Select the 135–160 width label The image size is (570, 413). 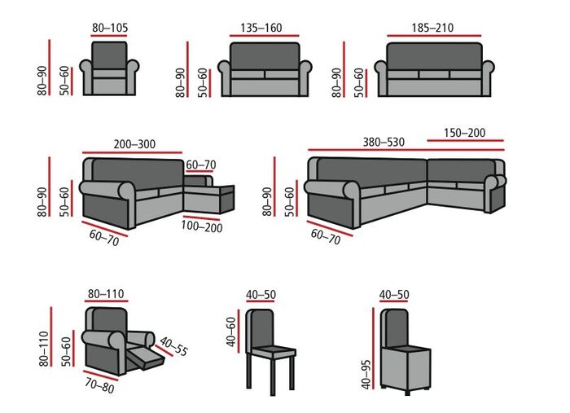(x=261, y=28)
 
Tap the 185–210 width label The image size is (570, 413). (x=432, y=28)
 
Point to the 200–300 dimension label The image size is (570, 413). (x=134, y=143)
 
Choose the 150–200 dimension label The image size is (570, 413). (x=466, y=132)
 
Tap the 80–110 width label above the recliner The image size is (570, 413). (x=107, y=293)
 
